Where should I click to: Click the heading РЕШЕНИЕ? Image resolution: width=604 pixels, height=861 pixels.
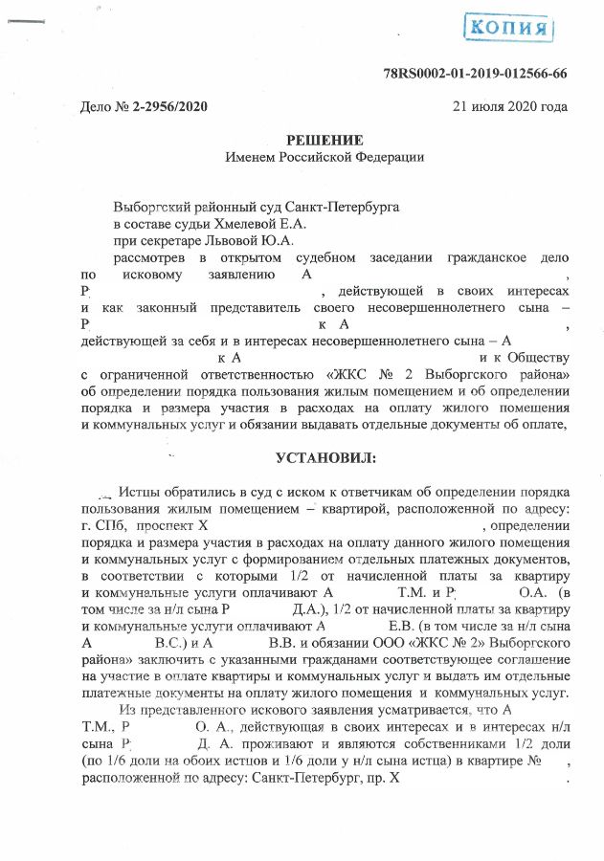coord(324,140)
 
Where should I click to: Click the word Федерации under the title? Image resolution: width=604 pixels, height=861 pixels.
coord(384,157)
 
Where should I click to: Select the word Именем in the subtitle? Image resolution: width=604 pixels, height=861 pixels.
coord(248,157)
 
